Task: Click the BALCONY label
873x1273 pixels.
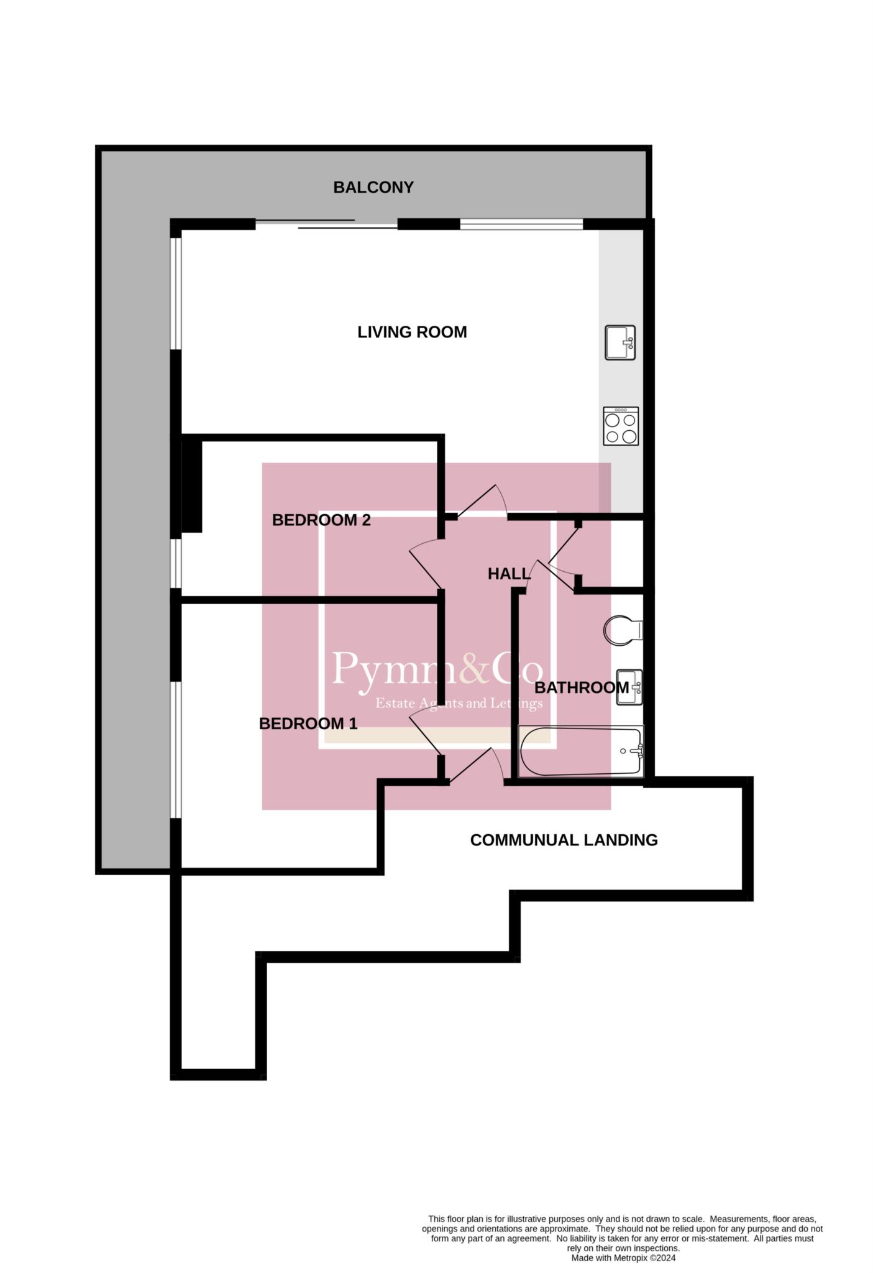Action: coord(373,187)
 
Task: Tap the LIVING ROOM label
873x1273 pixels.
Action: coord(412,332)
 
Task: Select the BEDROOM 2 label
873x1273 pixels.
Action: coord(321,520)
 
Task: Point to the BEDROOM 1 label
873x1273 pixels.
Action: coord(308,724)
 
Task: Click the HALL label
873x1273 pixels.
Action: coord(509,574)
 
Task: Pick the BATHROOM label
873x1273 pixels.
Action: coord(582,687)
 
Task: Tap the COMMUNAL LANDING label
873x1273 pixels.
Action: coord(564,840)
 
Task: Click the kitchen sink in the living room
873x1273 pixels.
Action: coord(620,342)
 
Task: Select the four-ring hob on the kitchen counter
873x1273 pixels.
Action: coord(621,426)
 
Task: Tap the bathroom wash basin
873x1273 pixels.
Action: coord(629,687)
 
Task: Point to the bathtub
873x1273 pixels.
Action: coord(581,751)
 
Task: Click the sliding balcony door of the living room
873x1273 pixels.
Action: coord(326,224)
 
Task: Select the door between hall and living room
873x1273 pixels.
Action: coord(483,501)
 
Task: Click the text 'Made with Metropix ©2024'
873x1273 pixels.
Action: coord(623,1258)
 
